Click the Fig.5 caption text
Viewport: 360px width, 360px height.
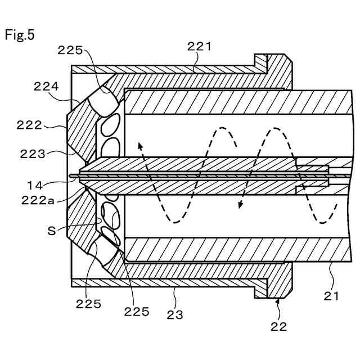[20, 35]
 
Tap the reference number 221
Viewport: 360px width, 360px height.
[199, 47]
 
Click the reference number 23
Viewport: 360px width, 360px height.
[175, 316]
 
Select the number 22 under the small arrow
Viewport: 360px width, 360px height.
[279, 326]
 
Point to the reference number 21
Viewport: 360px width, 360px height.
[331, 295]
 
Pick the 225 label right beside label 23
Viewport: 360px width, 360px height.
[137, 311]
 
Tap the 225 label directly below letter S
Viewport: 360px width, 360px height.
[89, 304]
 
